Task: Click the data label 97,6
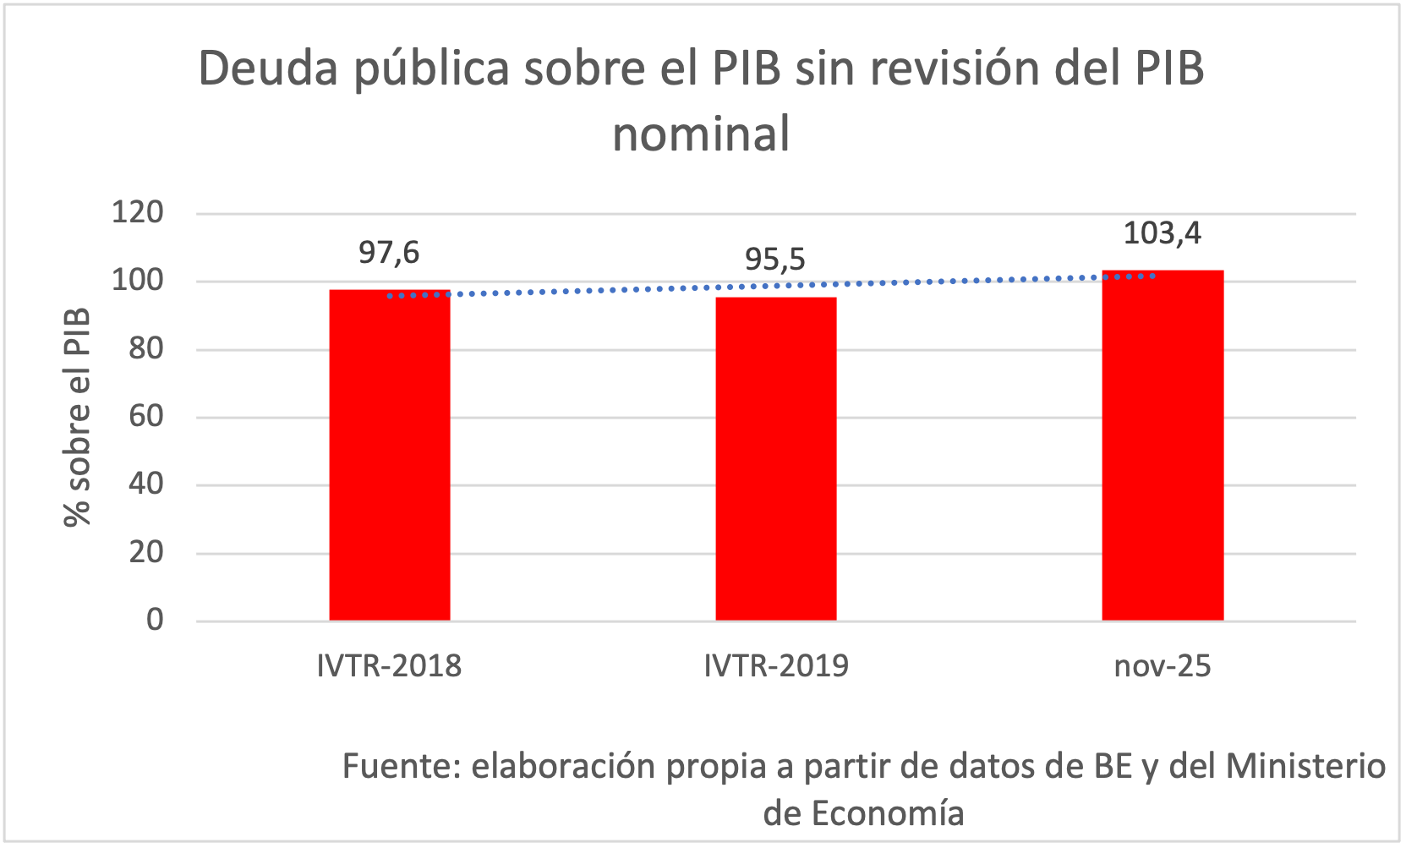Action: click(389, 253)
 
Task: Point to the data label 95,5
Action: click(775, 260)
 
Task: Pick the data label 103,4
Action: click(1163, 233)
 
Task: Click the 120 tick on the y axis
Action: click(138, 212)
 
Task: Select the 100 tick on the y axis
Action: click(138, 281)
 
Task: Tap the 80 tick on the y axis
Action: click(146, 348)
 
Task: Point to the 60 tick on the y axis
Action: click(146, 416)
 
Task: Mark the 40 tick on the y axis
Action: click(146, 484)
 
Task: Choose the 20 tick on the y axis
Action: click(146, 552)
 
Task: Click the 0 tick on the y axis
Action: click(155, 620)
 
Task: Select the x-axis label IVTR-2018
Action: click(389, 666)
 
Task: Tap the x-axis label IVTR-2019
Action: click(776, 666)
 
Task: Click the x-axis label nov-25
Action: click(1163, 666)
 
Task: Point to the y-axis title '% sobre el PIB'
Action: click(77, 417)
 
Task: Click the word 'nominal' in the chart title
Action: click(701, 134)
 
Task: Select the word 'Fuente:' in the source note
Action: click(402, 766)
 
